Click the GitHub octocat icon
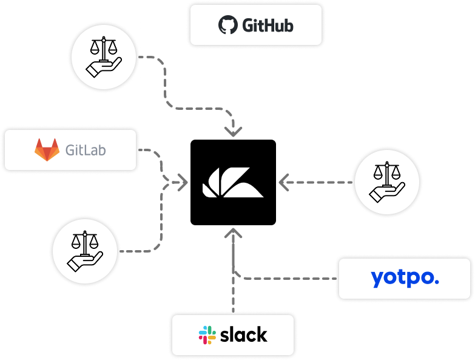click(x=227, y=25)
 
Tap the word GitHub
click(x=268, y=25)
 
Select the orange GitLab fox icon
click(x=47, y=149)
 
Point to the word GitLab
click(x=86, y=150)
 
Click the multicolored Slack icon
click(x=207, y=335)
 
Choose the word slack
click(x=244, y=335)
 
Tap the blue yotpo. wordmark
click(x=405, y=277)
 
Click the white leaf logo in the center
click(x=233, y=182)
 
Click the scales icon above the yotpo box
click(x=387, y=182)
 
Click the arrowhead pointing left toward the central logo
click(x=283, y=182)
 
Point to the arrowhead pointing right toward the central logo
click(x=180, y=182)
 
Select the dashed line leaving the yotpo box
click(x=291, y=279)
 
